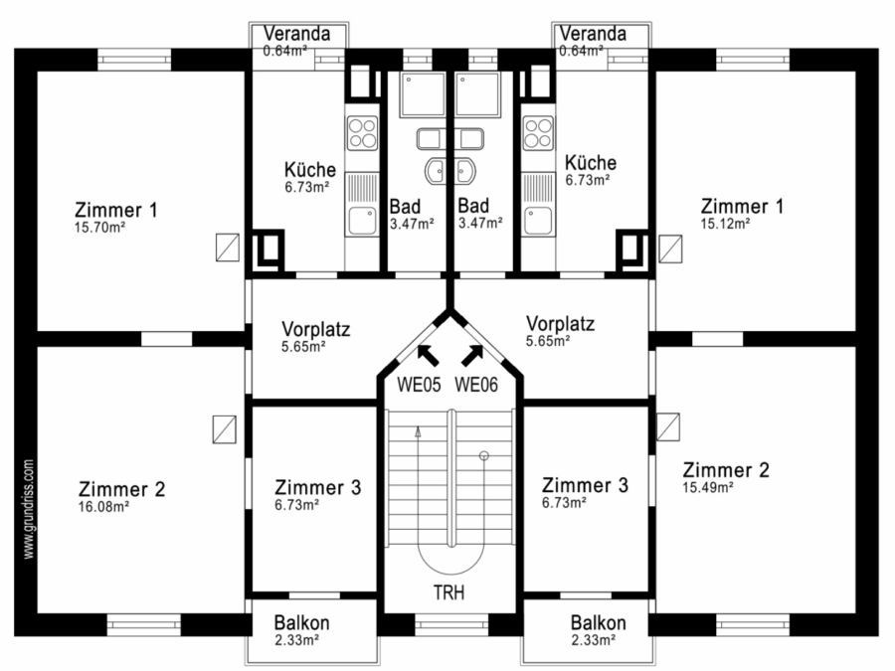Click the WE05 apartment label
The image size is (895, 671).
419,385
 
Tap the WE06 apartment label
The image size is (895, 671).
476,385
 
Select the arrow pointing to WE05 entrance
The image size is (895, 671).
428,355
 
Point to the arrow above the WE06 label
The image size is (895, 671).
472,355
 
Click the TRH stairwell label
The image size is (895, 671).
448,592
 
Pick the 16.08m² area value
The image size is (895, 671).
103,507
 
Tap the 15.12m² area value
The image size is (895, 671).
726,224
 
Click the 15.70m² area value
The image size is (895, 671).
99,227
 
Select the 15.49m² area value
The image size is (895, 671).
708,488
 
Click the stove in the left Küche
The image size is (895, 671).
362,133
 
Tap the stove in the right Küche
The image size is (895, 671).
538,133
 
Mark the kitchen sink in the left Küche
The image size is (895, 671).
362,221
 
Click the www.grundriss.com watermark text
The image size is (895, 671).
29,509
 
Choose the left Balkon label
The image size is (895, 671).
302,622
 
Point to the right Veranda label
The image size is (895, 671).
593,34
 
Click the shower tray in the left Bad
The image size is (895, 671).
423,94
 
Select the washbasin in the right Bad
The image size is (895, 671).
465,171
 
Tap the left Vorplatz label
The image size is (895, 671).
315,329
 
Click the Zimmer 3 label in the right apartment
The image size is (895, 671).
585,485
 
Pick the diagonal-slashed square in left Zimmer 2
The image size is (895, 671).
225,429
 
